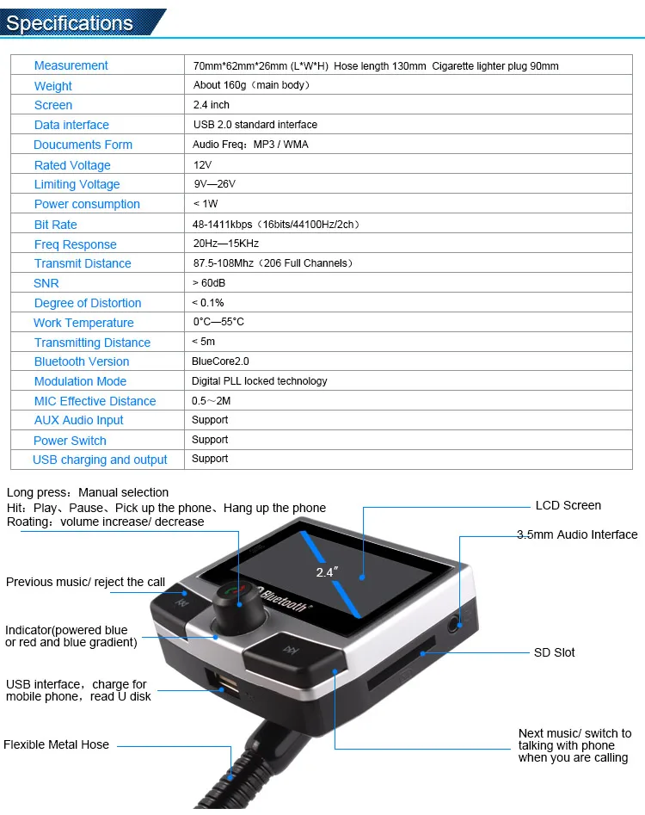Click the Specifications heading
pyautogui.click(x=71, y=22)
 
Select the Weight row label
pyautogui.click(x=53, y=85)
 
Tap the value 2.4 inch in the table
pyautogui.click(x=212, y=105)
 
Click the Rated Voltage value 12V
pyautogui.click(x=202, y=164)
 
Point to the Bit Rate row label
pyautogui.click(x=55, y=225)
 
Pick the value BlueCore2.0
pyautogui.click(x=220, y=361)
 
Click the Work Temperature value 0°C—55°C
pyautogui.click(x=218, y=322)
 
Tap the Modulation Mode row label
pyautogui.click(x=80, y=381)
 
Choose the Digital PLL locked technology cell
pyautogui.click(x=259, y=380)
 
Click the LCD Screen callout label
pyautogui.click(x=568, y=505)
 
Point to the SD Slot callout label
pyautogui.click(x=554, y=652)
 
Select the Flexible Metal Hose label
pyautogui.click(x=57, y=744)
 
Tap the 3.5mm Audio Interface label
pyautogui.click(x=577, y=534)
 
